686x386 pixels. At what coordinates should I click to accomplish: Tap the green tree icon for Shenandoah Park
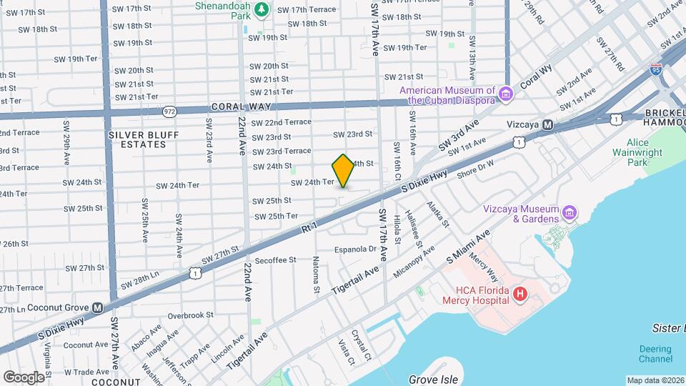tap(262, 9)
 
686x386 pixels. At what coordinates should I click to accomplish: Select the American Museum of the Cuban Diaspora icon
tap(506, 94)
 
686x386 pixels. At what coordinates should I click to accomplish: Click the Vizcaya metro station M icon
tap(547, 124)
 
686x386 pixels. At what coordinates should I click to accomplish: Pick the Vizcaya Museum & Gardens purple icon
tap(570, 213)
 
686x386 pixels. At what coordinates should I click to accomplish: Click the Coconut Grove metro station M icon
tap(98, 308)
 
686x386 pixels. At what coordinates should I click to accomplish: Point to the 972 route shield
tap(169, 111)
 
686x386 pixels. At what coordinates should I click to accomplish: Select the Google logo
tap(24, 377)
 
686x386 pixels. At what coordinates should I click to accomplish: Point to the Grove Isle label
tap(432, 379)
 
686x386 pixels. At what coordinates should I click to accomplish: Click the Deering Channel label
tap(655, 354)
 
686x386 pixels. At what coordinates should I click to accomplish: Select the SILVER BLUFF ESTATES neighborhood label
tap(137, 139)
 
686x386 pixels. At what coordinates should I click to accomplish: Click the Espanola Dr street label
tap(355, 249)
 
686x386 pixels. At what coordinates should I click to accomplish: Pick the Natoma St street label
tap(316, 277)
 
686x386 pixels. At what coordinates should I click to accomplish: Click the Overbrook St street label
tap(190, 315)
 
